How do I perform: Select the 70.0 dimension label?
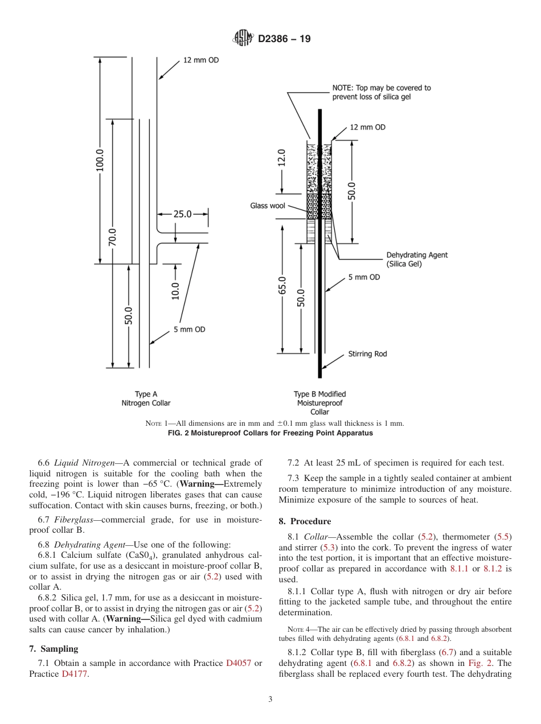(113, 237)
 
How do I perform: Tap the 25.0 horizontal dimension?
(182, 215)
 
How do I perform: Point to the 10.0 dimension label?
(175, 291)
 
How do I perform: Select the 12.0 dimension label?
(282, 158)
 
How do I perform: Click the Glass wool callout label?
(267, 205)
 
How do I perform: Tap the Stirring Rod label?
(367, 354)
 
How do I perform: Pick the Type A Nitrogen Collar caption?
(146, 398)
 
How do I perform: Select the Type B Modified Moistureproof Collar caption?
(319, 402)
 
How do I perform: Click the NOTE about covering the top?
(382, 92)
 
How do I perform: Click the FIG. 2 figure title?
(270, 433)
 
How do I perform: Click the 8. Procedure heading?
(305, 521)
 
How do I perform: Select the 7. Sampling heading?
(54, 649)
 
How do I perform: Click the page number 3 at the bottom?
(270, 700)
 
